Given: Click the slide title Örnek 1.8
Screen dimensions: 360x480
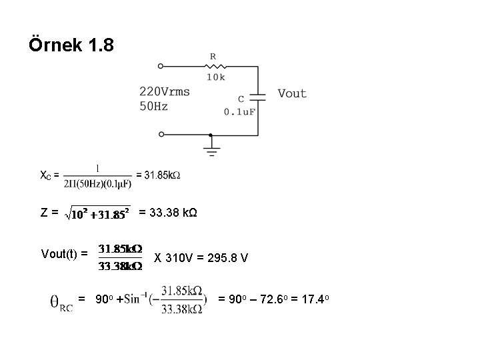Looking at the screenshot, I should tap(72, 46).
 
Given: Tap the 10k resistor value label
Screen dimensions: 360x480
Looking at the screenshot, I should tap(215, 77).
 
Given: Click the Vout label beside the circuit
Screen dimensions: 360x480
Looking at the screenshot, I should tap(292, 94).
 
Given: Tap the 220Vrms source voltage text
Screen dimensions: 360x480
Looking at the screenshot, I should tap(165, 91).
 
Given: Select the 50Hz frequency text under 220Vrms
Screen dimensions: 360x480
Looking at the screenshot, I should tap(153, 105).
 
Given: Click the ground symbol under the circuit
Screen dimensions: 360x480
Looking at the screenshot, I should tap(211, 147).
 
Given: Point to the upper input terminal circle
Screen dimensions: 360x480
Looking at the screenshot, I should tap(161, 67).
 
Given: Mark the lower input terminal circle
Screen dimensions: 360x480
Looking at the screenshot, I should tap(161, 134).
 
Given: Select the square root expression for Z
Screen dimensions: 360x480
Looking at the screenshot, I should tap(97, 214).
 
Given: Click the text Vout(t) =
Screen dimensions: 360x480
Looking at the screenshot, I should tap(65, 253).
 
